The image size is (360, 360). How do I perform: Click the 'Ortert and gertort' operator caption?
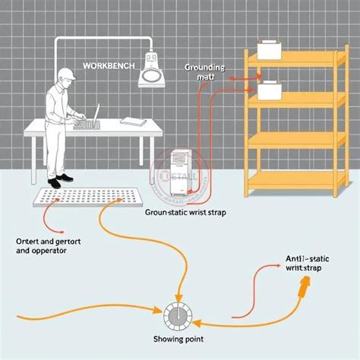[x=43, y=245]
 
